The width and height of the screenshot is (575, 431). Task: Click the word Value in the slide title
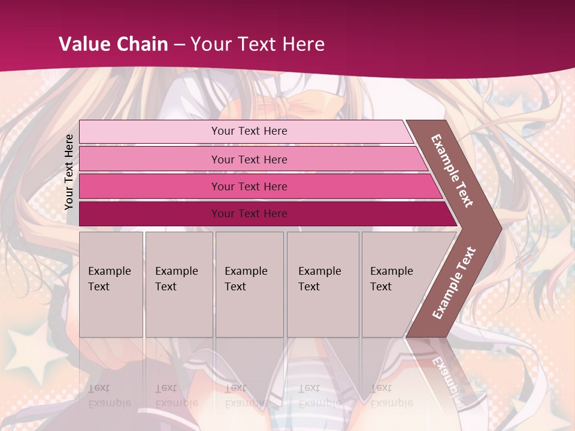(83, 44)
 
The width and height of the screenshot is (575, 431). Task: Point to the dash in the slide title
(179, 45)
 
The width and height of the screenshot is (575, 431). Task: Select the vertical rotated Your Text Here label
(69, 172)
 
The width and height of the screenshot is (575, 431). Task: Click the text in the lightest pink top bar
(249, 131)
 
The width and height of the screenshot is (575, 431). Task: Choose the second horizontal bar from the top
(249, 159)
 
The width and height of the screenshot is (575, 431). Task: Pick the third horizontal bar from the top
(249, 186)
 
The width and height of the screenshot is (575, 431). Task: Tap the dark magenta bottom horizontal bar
(249, 214)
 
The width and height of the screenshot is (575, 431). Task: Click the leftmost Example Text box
(111, 284)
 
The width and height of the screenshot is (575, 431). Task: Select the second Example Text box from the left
(178, 284)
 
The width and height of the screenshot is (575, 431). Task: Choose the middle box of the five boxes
(249, 284)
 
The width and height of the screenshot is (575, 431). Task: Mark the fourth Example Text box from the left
(322, 284)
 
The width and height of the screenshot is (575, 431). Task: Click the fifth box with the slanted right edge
(395, 284)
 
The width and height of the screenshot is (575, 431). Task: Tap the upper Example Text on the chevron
(452, 171)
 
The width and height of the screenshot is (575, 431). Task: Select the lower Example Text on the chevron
(454, 283)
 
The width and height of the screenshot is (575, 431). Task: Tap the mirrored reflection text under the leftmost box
(109, 396)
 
